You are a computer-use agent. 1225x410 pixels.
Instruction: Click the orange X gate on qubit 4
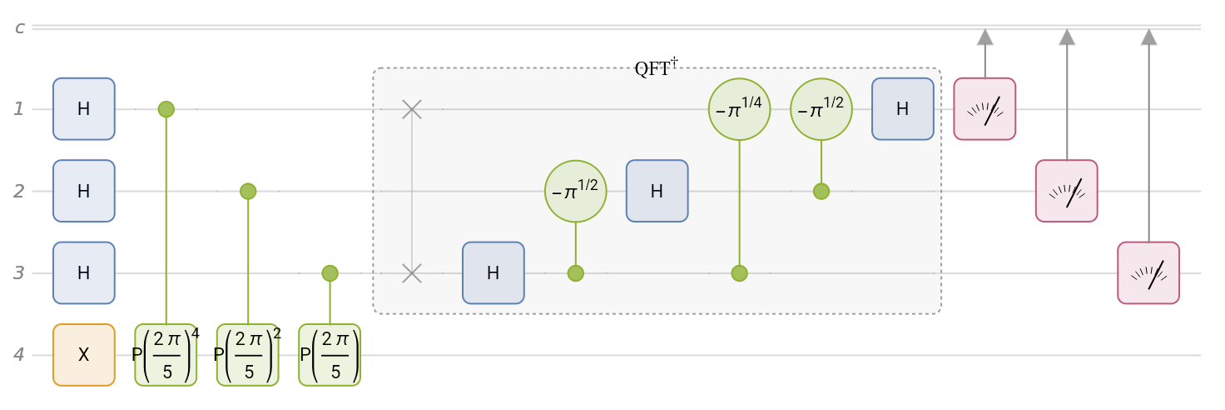(83, 354)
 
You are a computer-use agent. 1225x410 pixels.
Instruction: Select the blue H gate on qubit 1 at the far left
(83, 108)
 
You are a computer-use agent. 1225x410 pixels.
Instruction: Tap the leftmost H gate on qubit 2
(83, 191)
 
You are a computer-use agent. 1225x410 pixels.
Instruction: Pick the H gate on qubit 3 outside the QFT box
(83, 272)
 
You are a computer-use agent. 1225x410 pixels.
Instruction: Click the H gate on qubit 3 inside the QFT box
(493, 272)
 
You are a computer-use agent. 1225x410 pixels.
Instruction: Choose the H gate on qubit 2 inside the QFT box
(657, 191)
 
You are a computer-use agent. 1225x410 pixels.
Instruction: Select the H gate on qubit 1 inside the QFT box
(903, 108)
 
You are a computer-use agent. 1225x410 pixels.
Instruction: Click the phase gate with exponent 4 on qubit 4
(166, 354)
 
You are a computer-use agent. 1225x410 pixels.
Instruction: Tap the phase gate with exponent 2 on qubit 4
(247, 354)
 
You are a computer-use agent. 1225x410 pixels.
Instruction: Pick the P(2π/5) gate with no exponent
(330, 354)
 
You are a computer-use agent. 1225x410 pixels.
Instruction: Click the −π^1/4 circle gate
(739, 108)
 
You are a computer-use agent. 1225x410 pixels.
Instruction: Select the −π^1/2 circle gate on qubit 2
(575, 191)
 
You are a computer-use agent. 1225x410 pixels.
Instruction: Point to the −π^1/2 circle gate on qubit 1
(821, 108)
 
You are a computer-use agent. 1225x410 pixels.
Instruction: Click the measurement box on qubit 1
(984, 108)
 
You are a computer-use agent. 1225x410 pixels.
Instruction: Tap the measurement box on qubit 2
(1066, 191)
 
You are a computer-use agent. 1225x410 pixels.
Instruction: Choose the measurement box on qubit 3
(1148, 272)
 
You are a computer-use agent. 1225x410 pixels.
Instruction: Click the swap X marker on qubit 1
(411, 108)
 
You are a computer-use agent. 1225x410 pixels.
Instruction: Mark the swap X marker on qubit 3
(411, 272)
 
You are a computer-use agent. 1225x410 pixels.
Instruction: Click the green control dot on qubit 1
(166, 108)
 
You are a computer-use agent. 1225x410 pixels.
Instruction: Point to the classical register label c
(19, 27)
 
